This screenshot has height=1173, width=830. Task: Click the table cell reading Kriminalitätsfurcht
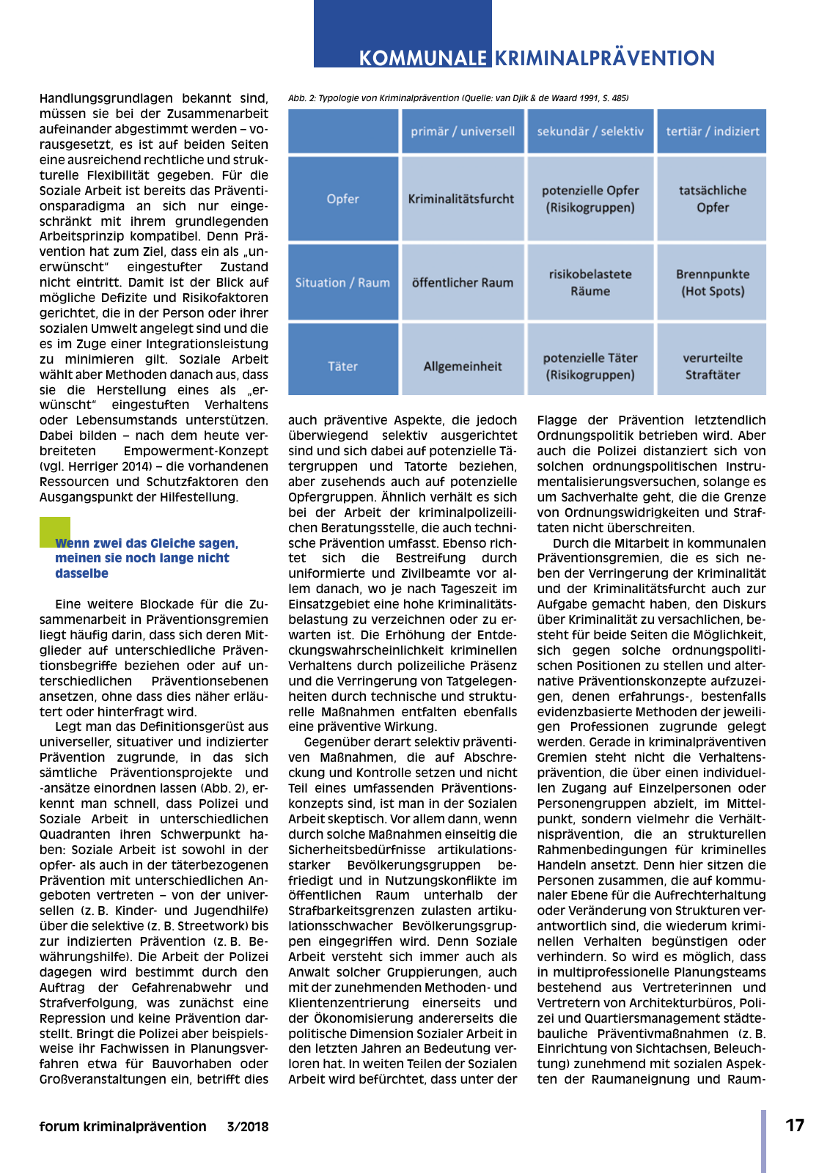(461, 199)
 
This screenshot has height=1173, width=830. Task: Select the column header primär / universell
(463, 131)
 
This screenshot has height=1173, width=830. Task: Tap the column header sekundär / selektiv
(590, 131)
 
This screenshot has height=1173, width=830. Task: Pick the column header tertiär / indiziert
(713, 131)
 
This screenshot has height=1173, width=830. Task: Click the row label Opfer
(343, 199)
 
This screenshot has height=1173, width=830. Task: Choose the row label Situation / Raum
(342, 282)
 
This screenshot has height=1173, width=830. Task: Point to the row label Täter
(343, 366)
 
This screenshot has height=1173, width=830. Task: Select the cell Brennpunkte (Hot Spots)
(713, 282)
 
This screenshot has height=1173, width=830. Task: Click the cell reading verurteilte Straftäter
(713, 366)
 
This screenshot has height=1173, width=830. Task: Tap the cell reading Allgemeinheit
(463, 366)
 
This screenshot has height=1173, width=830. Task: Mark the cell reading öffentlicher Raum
(463, 282)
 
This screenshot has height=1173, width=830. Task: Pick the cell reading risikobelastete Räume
(590, 282)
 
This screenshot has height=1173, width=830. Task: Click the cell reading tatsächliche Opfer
(713, 199)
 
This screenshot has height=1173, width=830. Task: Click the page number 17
(795, 1125)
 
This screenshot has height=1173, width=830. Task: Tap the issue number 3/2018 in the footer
(248, 1127)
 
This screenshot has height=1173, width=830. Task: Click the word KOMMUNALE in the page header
(422, 59)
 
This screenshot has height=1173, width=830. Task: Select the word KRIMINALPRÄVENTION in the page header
(605, 59)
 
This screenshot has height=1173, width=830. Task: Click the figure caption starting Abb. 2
(458, 98)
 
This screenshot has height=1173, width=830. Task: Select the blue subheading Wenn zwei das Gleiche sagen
(147, 558)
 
